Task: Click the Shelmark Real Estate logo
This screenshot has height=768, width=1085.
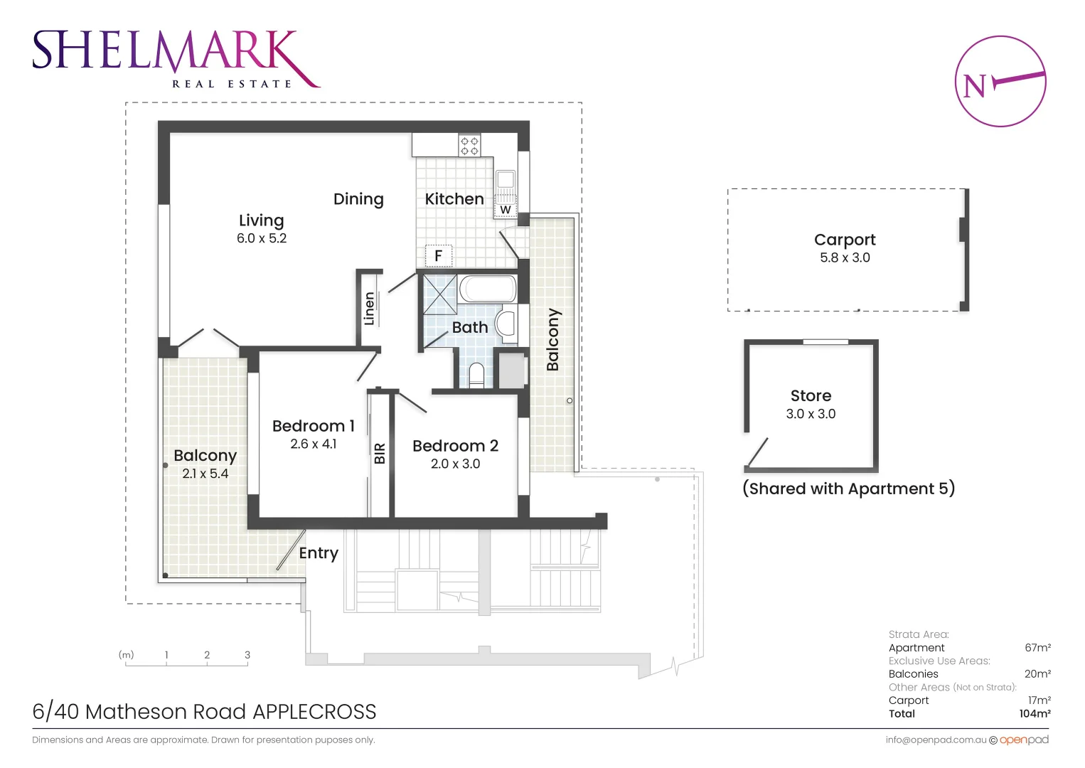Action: [x=175, y=58]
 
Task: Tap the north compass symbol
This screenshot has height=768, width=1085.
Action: [x=1000, y=82]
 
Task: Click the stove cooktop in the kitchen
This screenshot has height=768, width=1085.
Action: [x=469, y=146]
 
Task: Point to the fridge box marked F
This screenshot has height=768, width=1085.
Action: [x=439, y=255]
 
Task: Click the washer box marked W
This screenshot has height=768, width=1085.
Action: [x=505, y=210]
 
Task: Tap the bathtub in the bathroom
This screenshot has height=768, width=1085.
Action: [x=488, y=289]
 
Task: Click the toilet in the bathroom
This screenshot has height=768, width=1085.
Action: [x=476, y=374]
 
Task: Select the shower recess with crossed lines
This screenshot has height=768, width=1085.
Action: [x=440, y=294]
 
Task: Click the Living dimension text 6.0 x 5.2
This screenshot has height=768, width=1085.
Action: [x=262, y=238]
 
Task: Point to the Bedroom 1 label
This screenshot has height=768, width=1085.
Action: [x=313, y=426]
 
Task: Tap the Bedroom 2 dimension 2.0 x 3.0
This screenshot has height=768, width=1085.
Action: [x=455, y=464]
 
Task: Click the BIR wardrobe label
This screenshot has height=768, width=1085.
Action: [x=380, y=453]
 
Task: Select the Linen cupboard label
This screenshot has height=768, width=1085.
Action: [x=369, y=309]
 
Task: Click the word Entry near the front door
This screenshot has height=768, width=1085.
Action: [x=319, y=553]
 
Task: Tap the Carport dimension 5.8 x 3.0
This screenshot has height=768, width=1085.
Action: [x=845, y=257]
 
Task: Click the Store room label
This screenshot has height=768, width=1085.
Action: [x=811, y=395]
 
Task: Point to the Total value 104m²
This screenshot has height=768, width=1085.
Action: [x=1035, y=713]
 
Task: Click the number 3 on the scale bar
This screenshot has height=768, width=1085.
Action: [x=247, y=655]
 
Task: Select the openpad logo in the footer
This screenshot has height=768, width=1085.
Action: [x=1024, y=740]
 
